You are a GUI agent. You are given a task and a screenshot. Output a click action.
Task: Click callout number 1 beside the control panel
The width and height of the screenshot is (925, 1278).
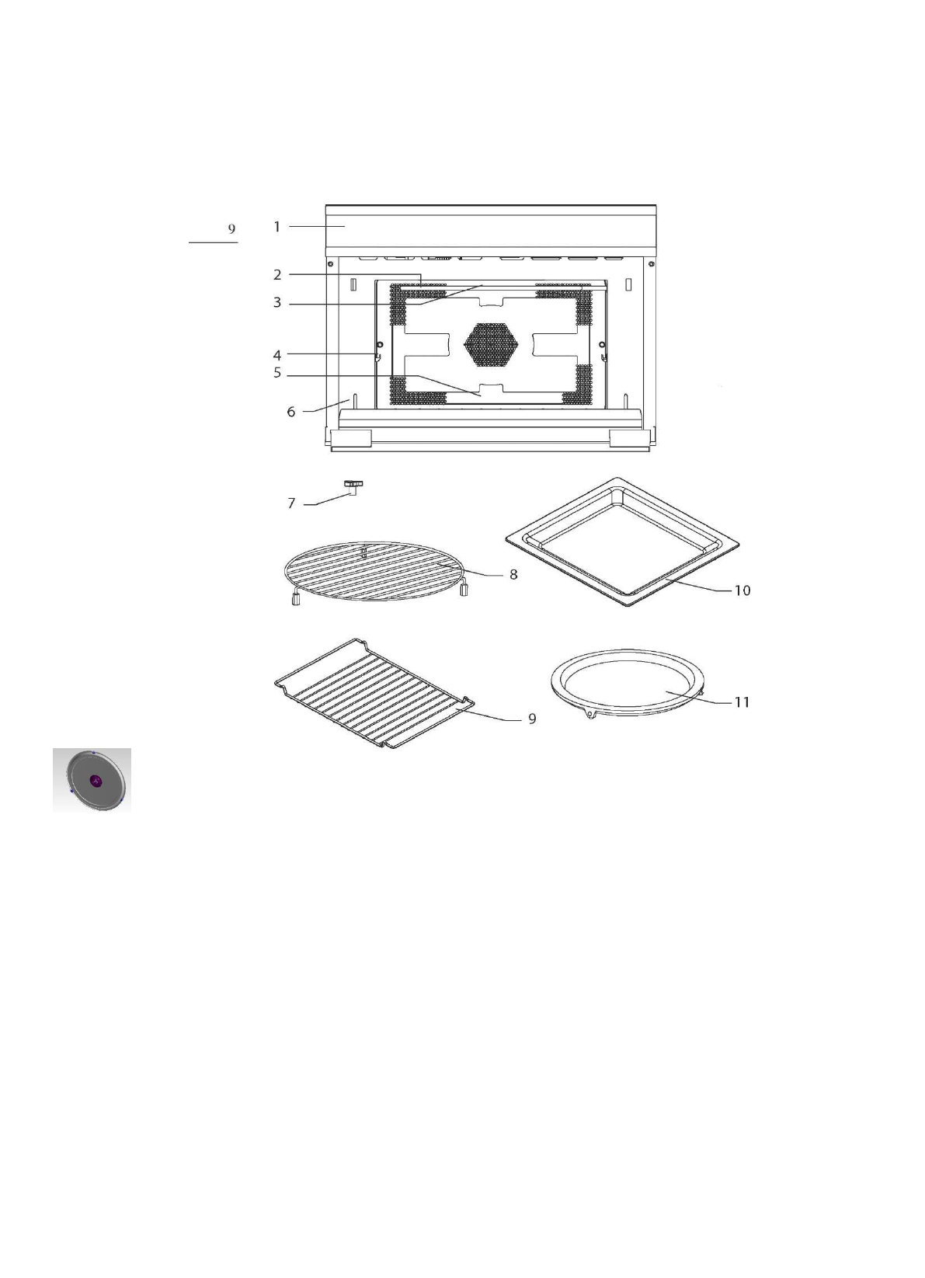pos(276,227)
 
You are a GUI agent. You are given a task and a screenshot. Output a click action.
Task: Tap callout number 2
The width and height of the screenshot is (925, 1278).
pos(276,274)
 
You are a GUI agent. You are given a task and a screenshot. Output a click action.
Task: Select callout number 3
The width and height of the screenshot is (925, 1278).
pos(276,303)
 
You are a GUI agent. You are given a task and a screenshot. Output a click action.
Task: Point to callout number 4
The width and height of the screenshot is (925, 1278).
pos(276,356)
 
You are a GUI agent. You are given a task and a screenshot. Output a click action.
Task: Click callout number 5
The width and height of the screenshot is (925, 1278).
pos(276,374)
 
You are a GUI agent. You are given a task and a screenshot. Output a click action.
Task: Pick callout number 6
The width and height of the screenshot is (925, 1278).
pos(291,412)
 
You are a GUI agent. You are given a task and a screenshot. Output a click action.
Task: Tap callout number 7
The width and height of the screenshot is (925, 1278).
pos(291,503)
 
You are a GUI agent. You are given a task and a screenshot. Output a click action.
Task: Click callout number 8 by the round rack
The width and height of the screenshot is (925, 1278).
pos(513,575)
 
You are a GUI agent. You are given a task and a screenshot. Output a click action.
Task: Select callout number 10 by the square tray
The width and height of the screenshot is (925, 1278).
pos(742,590)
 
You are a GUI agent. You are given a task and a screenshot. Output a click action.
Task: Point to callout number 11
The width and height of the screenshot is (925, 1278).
pos(742,702)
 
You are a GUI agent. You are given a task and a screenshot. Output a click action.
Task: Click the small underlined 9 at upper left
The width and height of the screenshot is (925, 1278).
pos(231,229)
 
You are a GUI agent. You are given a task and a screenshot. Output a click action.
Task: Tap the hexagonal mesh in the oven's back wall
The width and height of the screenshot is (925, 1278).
pos(491,344)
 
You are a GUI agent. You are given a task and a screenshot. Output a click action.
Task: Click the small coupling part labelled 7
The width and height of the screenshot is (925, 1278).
pos(353,486)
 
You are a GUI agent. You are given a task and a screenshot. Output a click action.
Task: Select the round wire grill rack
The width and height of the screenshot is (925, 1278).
pos(377,572)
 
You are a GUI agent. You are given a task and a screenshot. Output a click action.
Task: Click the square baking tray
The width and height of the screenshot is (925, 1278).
pos(621,541)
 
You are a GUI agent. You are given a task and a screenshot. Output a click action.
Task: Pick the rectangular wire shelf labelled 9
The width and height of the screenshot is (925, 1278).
pos(374,691)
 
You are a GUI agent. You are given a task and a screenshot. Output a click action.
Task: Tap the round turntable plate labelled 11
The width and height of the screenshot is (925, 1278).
pos(627,681)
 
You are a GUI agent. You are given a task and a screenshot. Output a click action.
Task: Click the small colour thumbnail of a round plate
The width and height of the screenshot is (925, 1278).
pos(92,780)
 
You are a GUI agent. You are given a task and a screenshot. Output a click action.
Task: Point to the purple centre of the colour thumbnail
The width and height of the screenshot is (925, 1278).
pos(96,781)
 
